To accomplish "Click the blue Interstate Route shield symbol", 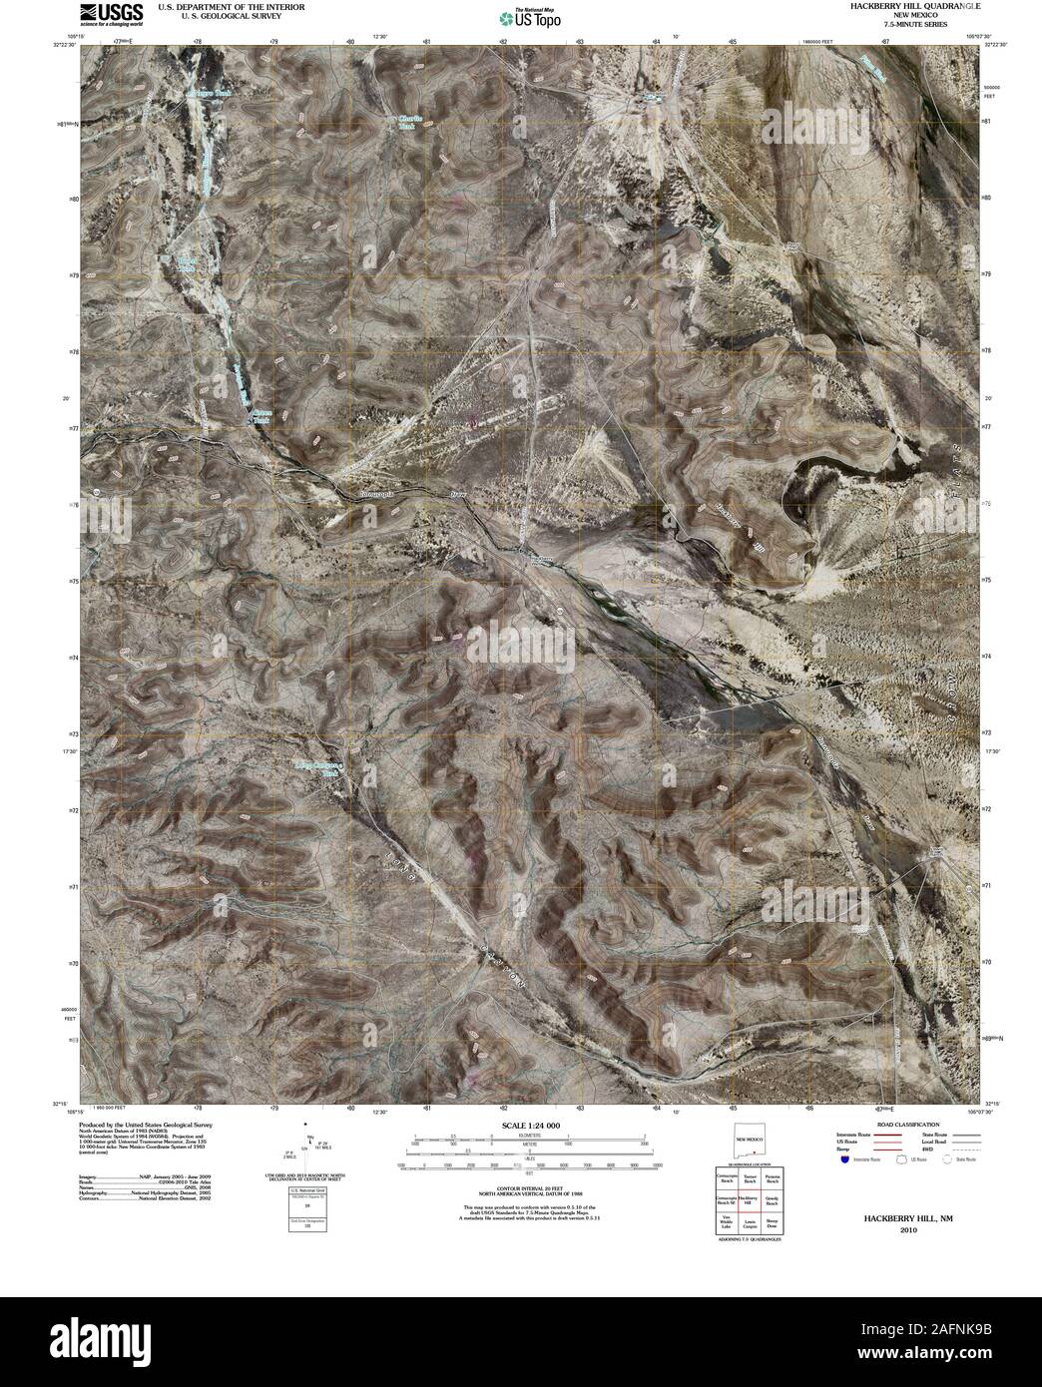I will pyautogui.click(x=844, y=1160).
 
